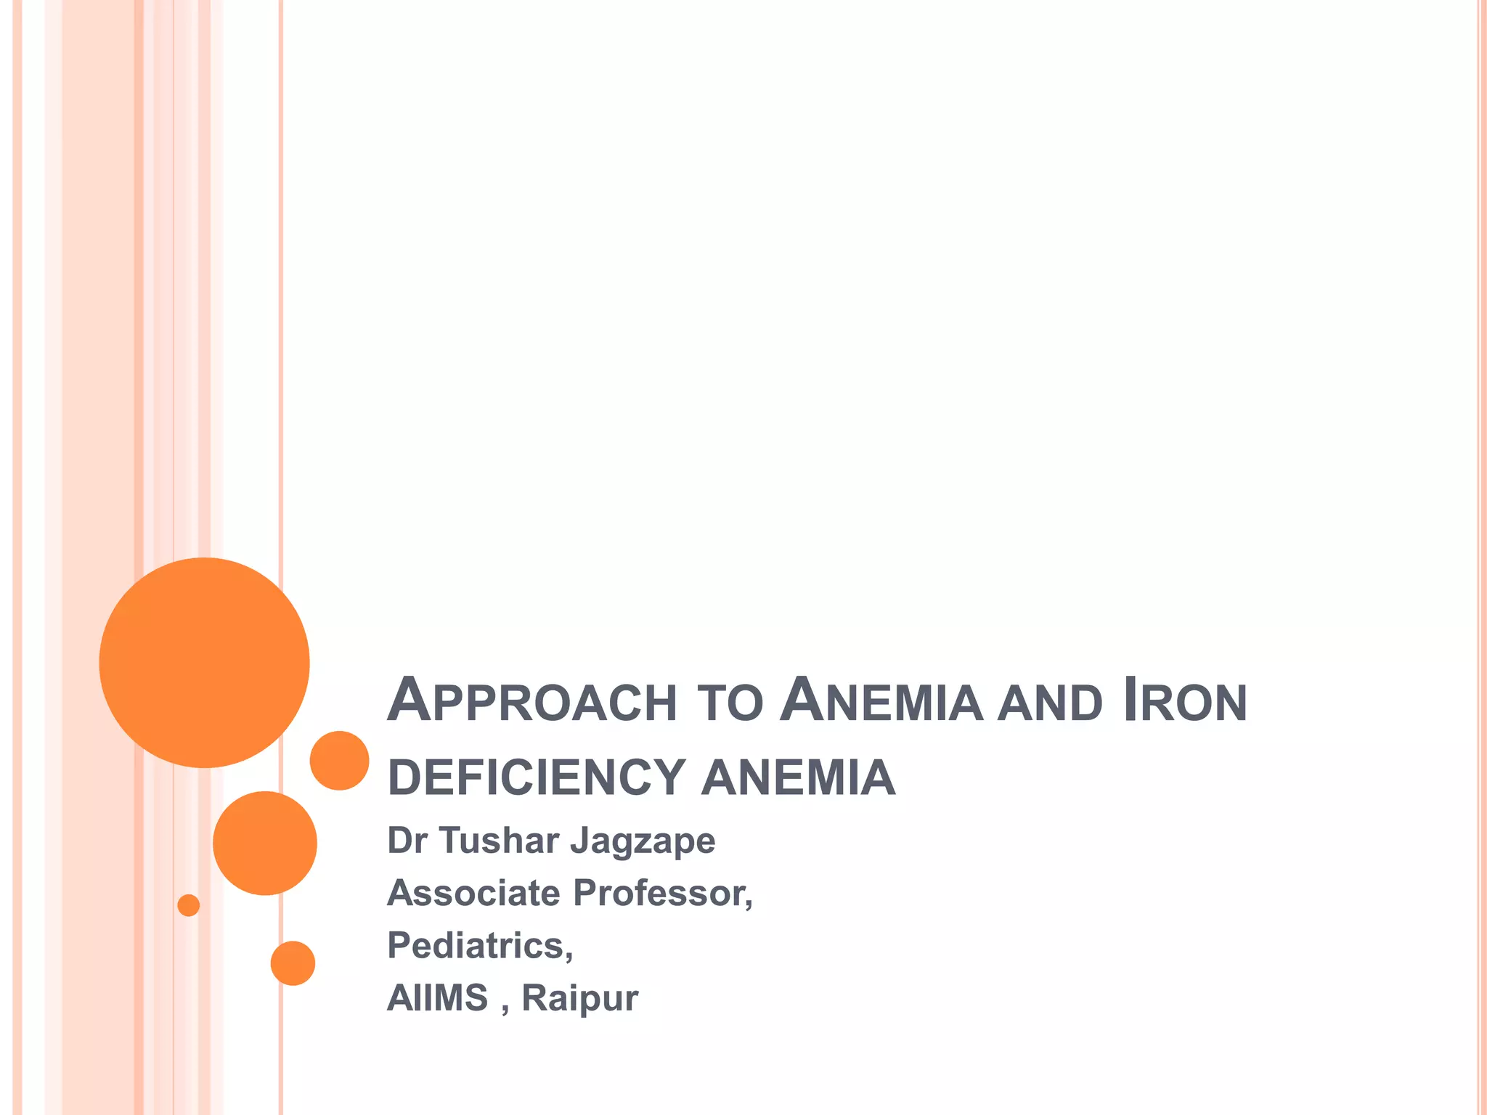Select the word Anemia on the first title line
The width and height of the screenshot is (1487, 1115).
tap(881, 701)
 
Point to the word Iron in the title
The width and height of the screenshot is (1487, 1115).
tap(1184, 701)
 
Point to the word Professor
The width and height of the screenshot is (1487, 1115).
tap(662, 893)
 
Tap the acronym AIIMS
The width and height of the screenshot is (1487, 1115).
tap(437, 997)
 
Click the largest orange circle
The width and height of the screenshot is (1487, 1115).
tap(204, 662)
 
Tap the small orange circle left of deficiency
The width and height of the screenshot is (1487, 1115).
tap(339, 760)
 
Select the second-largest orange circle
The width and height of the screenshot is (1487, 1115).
tap(265, 843)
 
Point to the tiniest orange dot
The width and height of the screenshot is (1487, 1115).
tap(188, 905)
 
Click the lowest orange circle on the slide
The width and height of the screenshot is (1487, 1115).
tap(293, 963)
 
